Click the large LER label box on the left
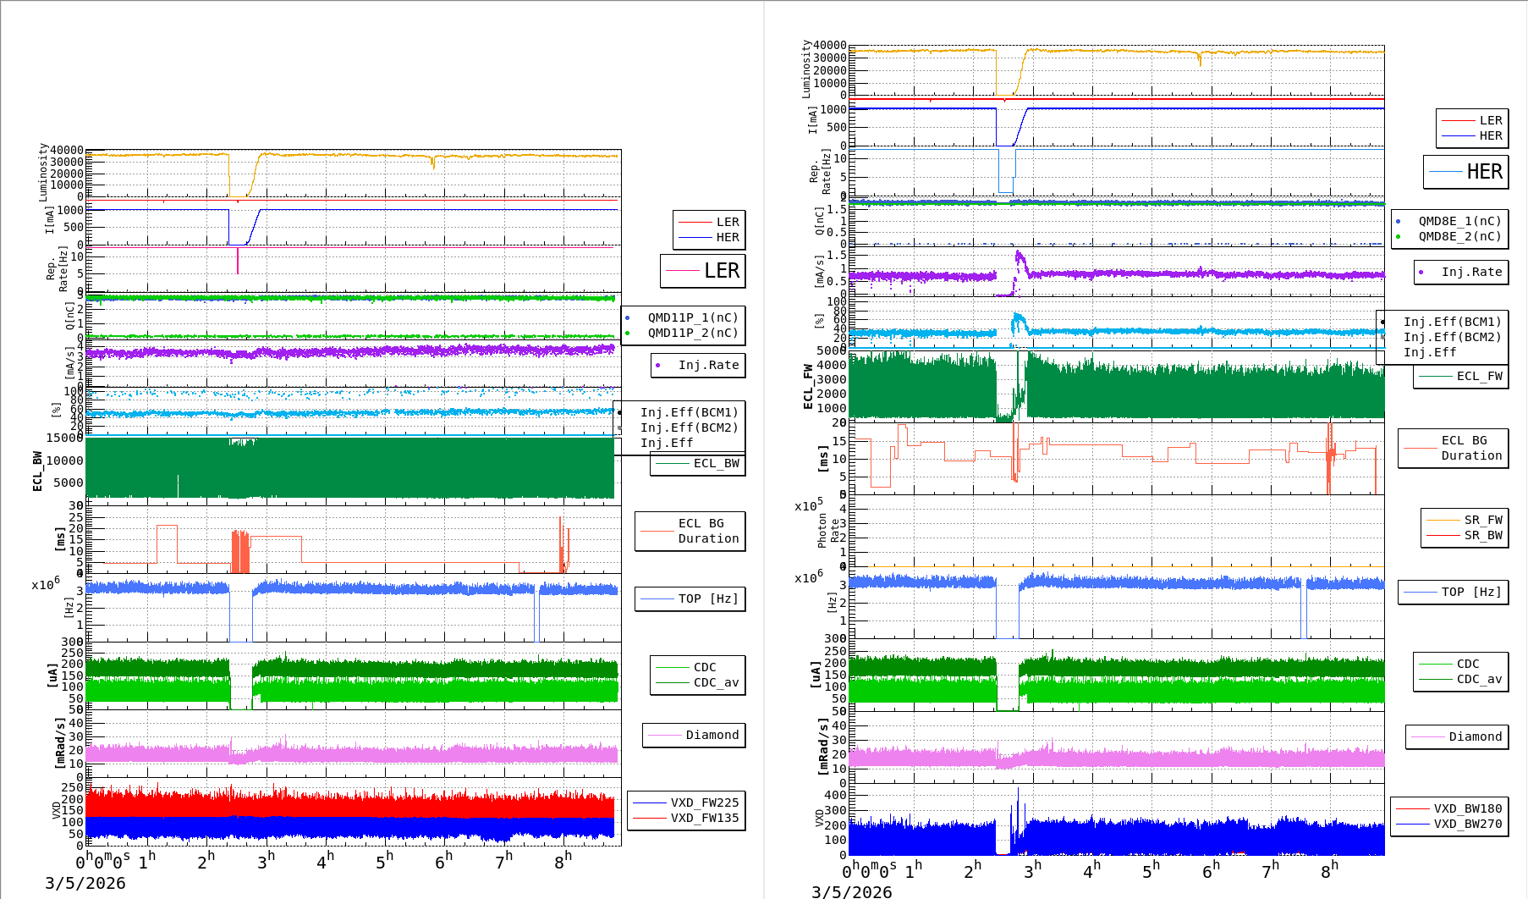pyautogui.click(x=703, y=271)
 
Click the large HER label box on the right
pyautogui.click(x=1466, y=172)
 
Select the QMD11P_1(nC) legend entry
pyautogui.click(x=692, y=317)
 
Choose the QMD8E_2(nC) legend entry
pyautogui.click(x=1459, y=236)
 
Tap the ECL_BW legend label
pyautogui.click(x=716, y=463)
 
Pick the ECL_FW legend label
pyautogui.click(x=1479, y=376)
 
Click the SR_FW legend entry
pyautogui.click(x=1482, y=520)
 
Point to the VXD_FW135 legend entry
pyautogui.click(x=704, y=818)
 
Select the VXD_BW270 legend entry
pyautogui.click(x=1467, y=824)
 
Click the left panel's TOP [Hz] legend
pyautogui.click(x=707, y=598)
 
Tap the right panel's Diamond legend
pyautogui.click(x=1475, y=736)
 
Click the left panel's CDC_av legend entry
pyautogui.click(x=716, y=682)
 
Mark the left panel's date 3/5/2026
pyautogui.click(x=85, y=883)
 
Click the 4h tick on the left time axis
pyautogui.click(x=325, y=862)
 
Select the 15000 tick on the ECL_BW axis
pyautogui.click(x=64, y=438)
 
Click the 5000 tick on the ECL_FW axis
pyautogui.click(x=831, y=350)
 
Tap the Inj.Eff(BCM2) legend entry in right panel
pyautogui.click(x=1452, y=337)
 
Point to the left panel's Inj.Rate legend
pyautogui.click(x=708, y=365)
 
